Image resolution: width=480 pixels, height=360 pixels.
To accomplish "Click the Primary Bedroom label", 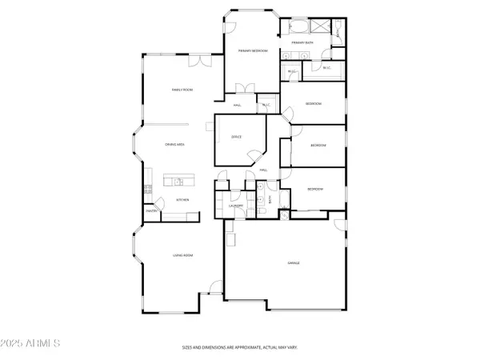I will pyautogui.click(x=251, y=50).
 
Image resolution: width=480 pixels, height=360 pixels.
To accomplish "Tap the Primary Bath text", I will pyautogui.click(x=302, y=42).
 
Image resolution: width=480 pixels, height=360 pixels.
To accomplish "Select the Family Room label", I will pyautogui.click(x=182, y=90).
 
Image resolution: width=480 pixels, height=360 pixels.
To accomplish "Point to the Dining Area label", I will pyautogui.click(x=176, y=144).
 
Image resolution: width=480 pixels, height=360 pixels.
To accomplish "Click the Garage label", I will pyautogui.click(x=294, y=262).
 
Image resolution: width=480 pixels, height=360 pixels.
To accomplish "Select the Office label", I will pyautogui.click(x=237, y=138).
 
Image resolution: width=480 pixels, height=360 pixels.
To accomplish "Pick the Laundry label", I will pyautogui.click(x=235, y=206).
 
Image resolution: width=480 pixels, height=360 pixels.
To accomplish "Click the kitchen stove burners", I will pyautogui.click(x=147, y=190).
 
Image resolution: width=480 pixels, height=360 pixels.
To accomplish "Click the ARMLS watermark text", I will pyautogui.click(x=32, y=344).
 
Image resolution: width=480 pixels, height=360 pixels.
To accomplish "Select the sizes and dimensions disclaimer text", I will pyautogui.click(x=240, y=347).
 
